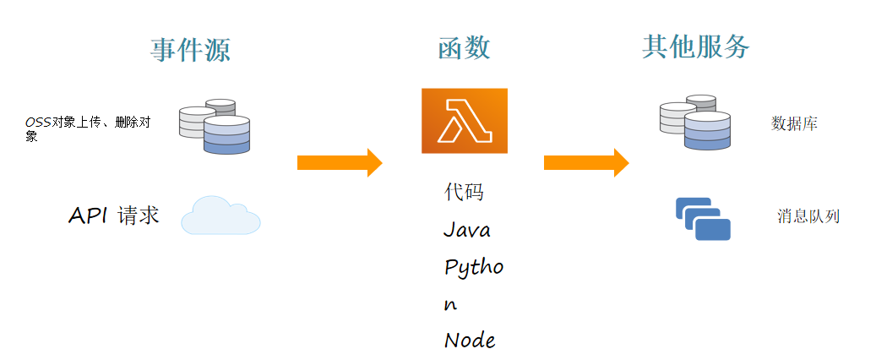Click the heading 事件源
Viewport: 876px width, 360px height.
click(190, 51)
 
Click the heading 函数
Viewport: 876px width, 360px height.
click(464, 48)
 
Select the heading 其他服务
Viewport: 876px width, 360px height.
click(695, 47)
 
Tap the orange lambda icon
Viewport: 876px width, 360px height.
click(464, 121)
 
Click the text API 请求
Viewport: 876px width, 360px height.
click(113, 215)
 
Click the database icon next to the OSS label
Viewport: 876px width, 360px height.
click(215, 127)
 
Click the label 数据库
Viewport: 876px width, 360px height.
click(794, 124)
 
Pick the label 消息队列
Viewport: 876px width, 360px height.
click(808, 216)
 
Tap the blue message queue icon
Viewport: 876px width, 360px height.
click(703, 218)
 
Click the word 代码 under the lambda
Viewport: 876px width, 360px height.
click(464, 193)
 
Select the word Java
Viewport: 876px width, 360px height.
click(466, 230)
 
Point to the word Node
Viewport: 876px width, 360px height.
click(469, 341)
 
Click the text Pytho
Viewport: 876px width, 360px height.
click(473, 268)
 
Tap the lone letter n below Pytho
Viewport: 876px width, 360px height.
click(450, 305)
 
